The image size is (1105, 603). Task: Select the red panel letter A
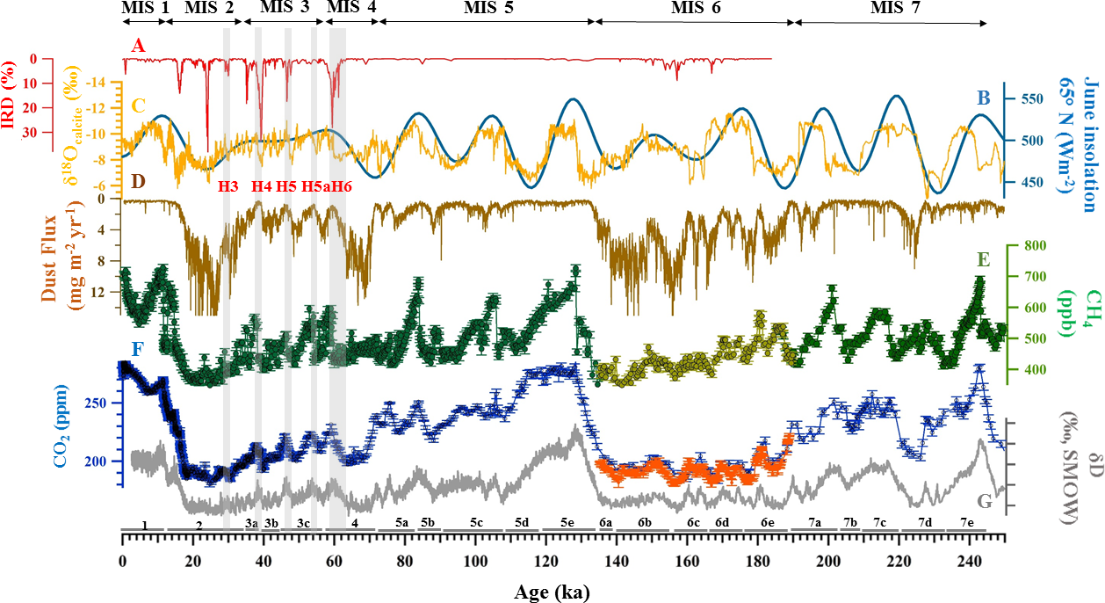pyautogui.click(x=137, y=44)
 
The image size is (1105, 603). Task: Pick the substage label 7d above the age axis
pyautogui.click(x=925, y=523)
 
